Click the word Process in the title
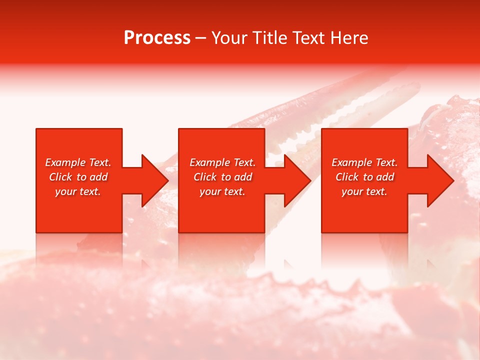pyautogui.click(x=157, y=38)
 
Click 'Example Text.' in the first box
pyautogui.click(x=78, y=162)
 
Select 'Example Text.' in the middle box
pyautogui.click(x=222, y=162)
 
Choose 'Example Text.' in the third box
pyautogui.click(x=364, y=162)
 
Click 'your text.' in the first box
pyautogui.click(x=78, y=191)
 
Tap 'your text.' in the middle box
pyautogui.click(x=222, y=191)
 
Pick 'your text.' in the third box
pyautogui.click(x=364, y=191)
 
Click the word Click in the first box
pyautogui.click(x=60, y=177)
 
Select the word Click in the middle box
pyautogui.click(x=205, y=177)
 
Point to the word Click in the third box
pyautogui.click(x=347, y=177)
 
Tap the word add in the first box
pyautogui.click(x=99, y=177)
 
